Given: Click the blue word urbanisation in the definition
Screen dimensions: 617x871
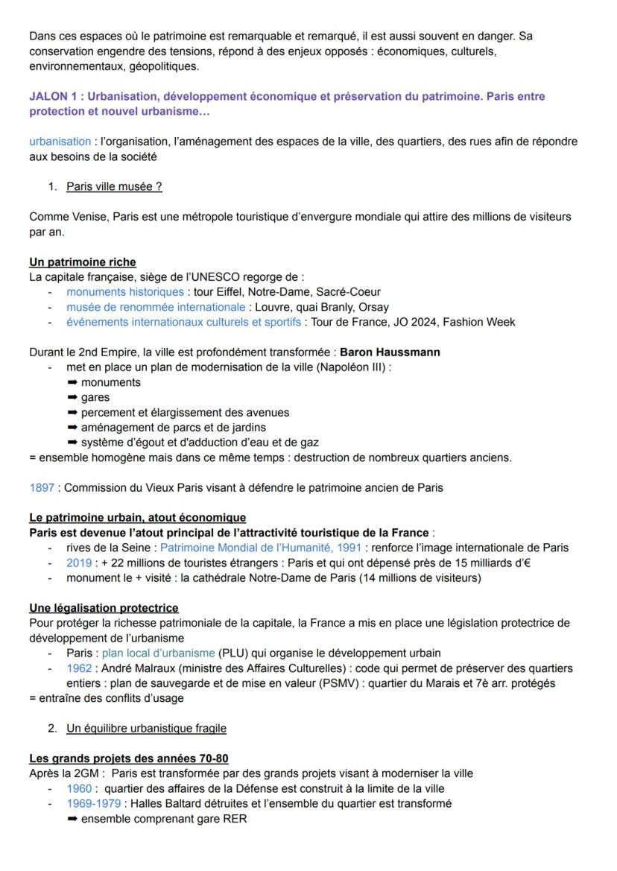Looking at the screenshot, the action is click(x=60, y=142).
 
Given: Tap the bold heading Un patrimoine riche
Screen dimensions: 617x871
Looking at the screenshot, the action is click(x=83, y=262).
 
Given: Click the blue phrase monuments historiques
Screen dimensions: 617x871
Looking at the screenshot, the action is click(x=124, y=292).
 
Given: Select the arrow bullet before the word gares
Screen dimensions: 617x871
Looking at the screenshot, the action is click(x=72, y=397).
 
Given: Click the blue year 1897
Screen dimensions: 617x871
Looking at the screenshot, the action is click(x=42, y=488).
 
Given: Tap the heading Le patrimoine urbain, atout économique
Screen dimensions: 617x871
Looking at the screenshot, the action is click(x=138, y=517).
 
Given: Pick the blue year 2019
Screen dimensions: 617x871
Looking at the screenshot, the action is click(x=79, y=563).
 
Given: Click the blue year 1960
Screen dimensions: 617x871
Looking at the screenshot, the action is click(x=79, y=788).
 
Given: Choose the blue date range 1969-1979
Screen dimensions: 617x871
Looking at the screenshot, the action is click(x=95, y=803).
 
